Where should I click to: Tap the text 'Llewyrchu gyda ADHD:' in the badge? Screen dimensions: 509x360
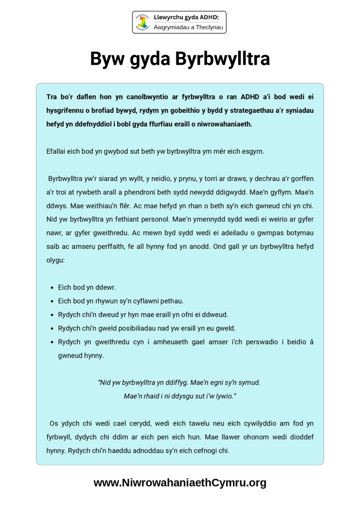[x=186, y=18]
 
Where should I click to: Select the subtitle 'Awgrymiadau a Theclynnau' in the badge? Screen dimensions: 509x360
[x=189, y=28]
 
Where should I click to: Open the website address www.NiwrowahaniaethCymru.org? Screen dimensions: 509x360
[x=180, y=483]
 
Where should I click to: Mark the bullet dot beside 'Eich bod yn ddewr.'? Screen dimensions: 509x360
[x=51, y=287]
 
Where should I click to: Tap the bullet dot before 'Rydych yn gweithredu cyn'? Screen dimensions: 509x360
[x=51, y=342]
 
